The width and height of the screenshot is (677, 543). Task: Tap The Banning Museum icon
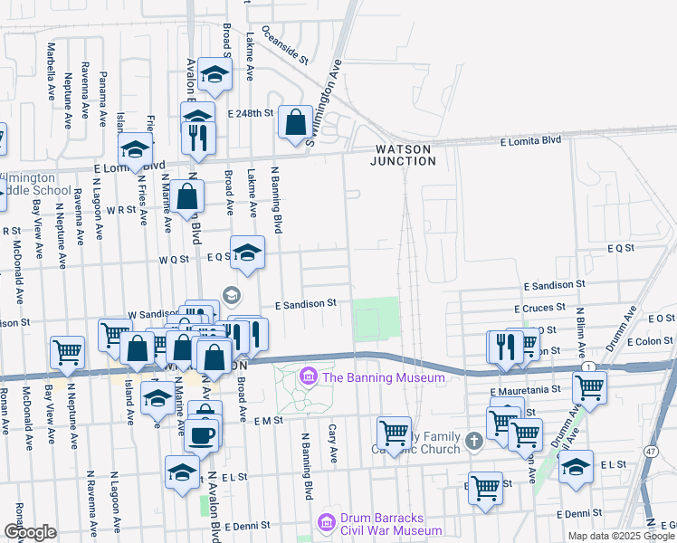pos(308,376)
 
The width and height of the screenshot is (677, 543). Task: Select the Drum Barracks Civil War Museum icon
pos(326,522)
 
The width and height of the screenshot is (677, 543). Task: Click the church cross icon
pos(473,442)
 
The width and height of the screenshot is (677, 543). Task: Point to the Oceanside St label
pos(286,45)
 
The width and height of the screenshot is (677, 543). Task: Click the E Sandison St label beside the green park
pos(306,303)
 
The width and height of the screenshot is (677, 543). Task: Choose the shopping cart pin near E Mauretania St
pos(589,386)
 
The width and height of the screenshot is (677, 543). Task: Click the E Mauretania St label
pos(526,389)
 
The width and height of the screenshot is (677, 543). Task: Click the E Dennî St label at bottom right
pos(586,513)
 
